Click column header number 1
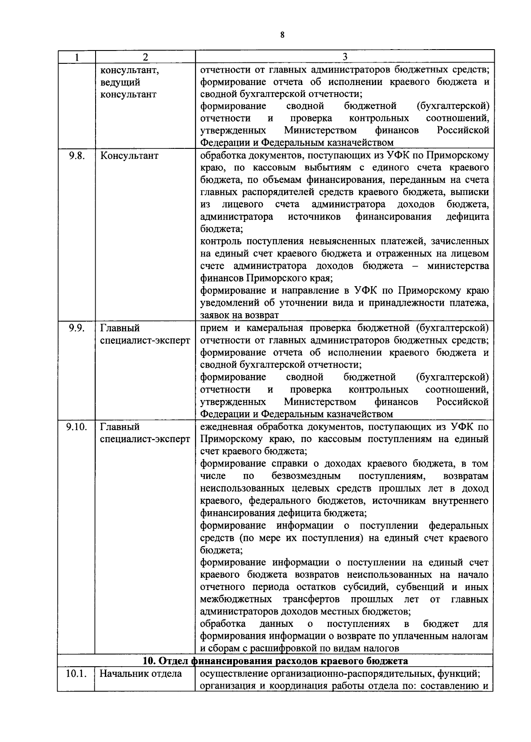coord(77,57)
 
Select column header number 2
coord(145,57)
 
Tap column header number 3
coord(345,57)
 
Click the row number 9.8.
coord(76,156)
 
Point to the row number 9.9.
coord(76,328)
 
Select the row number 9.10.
coord(76,427)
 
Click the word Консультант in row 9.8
coord(129,156)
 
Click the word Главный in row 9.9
coord(120,328)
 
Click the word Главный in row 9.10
coord(120,427)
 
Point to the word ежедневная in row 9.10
coord(226,427)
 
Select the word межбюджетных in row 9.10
coord(236,599)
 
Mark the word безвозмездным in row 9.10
coord(307,476)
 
